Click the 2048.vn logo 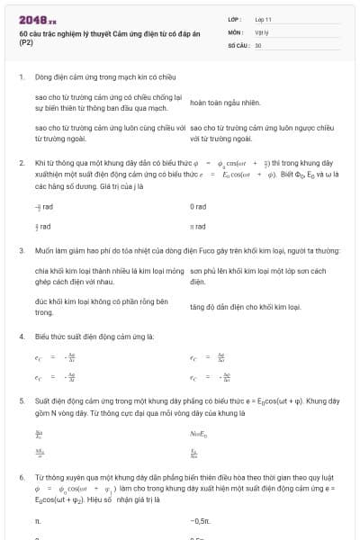(37, 19)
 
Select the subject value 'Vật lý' (263, 31)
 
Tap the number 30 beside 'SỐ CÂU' (258, 44)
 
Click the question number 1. (22, 76)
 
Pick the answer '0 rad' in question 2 (198, 206)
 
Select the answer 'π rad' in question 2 (198, 227)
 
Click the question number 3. (22, 252)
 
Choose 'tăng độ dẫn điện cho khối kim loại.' (243, 307)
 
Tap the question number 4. (22, 336)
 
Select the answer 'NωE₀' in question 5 (200, 435)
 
